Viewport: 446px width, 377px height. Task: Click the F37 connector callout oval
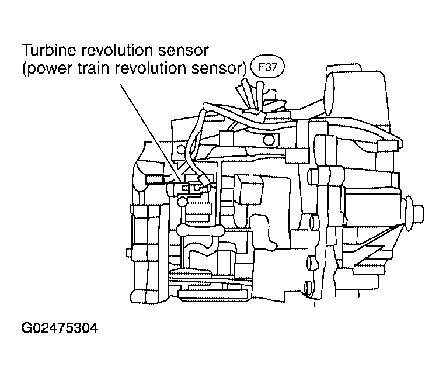tap(267, 67)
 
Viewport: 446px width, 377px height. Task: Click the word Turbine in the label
tap(49, 50)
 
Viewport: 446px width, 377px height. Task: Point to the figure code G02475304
tap(60, 328)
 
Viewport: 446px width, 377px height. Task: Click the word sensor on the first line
tap(183, 50)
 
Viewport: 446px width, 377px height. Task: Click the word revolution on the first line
tap(117, 50)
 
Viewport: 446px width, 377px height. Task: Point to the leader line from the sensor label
tap(151, 133)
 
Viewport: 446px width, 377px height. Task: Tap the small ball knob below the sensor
tap(182, 202)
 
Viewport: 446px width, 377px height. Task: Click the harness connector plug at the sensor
tap(205, 181)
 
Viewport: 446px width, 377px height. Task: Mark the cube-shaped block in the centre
tap(248, 189)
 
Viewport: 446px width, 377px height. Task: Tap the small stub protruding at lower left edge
tap(129, 253)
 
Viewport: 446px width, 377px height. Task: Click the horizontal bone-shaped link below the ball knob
tap(200, 230)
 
